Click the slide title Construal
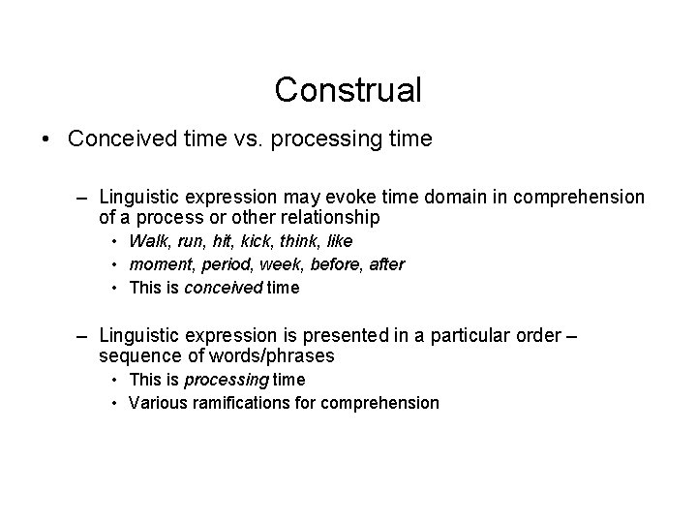348,90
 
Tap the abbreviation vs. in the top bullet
245,139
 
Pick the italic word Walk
147,240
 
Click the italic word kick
258,240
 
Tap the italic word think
302,240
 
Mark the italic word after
385,263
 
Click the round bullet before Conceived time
46,139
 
